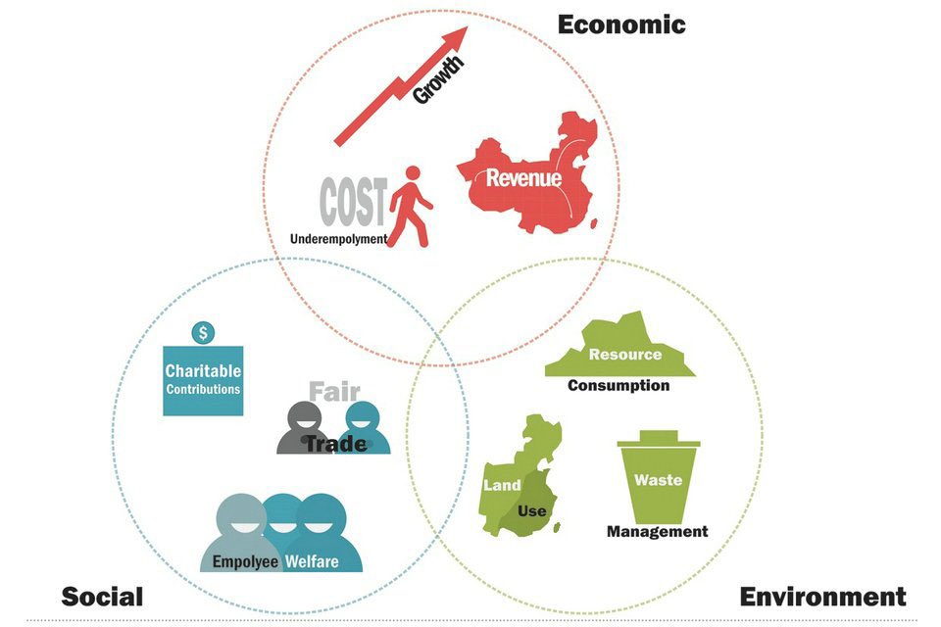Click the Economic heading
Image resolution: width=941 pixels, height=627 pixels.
coord(621,24)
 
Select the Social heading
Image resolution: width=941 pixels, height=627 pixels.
coord(102,596)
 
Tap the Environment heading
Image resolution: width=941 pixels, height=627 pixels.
coord(822,596)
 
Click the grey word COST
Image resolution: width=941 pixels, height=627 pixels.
coord(353,202)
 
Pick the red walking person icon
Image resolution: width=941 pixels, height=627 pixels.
coord(411,206)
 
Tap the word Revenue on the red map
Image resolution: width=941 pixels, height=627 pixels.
coord(524,178)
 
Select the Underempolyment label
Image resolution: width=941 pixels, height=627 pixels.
coord(339,238)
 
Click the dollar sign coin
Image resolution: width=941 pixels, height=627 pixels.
coord(203,333)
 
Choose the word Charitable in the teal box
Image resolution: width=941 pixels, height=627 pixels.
coord(203,371)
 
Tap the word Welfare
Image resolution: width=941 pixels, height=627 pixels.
coord(312,562)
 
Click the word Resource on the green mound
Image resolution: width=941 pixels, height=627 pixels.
coord(624,355)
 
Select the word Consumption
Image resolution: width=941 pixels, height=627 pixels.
coord(619,385)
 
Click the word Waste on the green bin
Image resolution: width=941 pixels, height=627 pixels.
coord(658,480)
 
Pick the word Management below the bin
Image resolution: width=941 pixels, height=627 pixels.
coord(657,532)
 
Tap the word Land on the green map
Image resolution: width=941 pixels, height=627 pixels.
coord(502,485)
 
